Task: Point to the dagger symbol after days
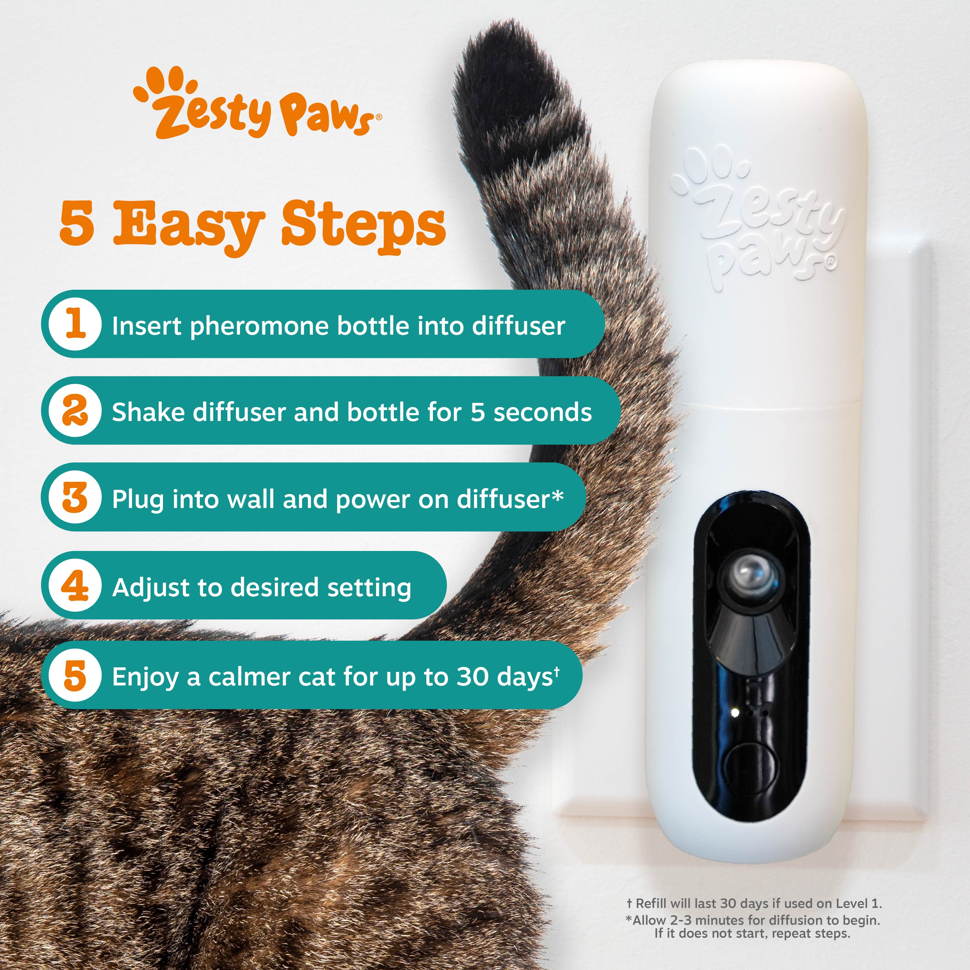pyautogui.click(x=557, y=670)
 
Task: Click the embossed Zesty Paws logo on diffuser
pyautogui.click(x=758, y=216)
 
